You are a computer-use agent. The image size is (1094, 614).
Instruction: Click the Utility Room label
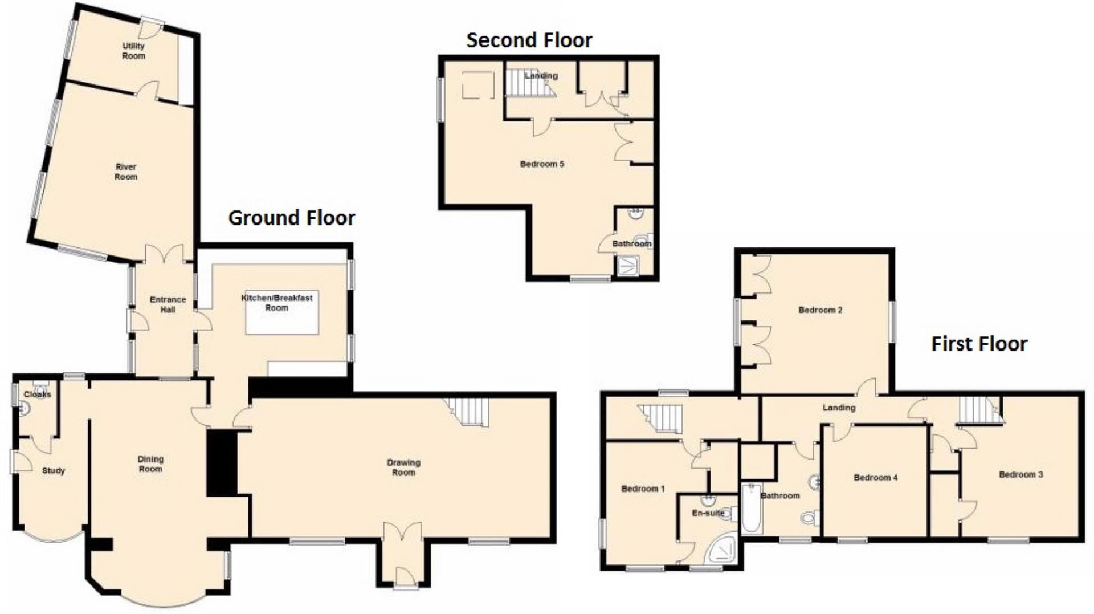pos(134,51)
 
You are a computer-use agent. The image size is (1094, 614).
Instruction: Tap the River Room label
pos(126,172)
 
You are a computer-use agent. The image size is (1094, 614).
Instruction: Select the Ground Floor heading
pos(292,218)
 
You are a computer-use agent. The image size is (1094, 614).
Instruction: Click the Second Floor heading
pos(529,40)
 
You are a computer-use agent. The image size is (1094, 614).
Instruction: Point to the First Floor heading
pos(979,344)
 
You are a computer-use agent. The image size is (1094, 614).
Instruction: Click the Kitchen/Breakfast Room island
pos(282,312)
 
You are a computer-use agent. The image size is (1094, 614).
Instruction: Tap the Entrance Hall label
pos(168,304)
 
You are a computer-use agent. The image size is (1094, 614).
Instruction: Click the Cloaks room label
pos(38,394)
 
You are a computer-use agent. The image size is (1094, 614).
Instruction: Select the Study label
pos(54,470)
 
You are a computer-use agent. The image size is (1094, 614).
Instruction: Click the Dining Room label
pos(150,463)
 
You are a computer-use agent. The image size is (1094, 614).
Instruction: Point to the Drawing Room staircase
pos(468,412)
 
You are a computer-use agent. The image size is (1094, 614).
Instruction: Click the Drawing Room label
pos(403,467)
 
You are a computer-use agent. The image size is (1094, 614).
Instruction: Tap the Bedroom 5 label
pos(542,164)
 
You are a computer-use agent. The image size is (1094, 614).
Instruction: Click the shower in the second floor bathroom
pos(627,266)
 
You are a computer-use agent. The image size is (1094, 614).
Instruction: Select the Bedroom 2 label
pos(820,310)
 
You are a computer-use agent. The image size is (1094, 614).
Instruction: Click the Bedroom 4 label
pos(875,478)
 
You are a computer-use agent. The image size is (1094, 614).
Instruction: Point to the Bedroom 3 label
pos(1021,474)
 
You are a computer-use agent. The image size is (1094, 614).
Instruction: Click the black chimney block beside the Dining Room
pos(222,462)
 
